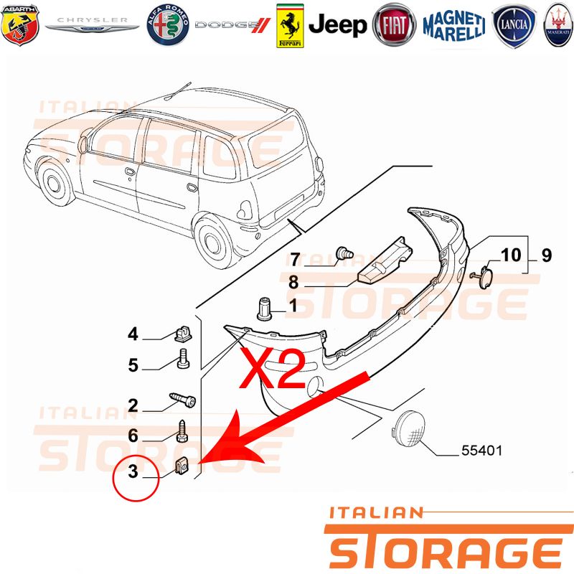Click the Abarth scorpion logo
click(x=20, y=25)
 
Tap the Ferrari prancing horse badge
click(x=290, y=26)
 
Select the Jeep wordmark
click(x=337, y=25)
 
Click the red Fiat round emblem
click(x=394, y=25)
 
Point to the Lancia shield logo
click(x=514, y=26)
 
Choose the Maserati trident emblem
click(x=558, y=25)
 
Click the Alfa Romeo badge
click(x=168, y=25)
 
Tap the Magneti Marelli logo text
click(x=454, y=26)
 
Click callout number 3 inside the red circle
click(x=133, y=471)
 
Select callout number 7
click(x=295, y=259)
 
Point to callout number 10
click(x=511, y=255)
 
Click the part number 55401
click(x=481, y=451)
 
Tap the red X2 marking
click(x=272, y=367)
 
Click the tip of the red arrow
click(x=199, y=464)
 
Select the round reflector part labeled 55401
click(x=408, y=429)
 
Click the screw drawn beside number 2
click(x=182, y=400)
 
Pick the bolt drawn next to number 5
click(x=183, y=358)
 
